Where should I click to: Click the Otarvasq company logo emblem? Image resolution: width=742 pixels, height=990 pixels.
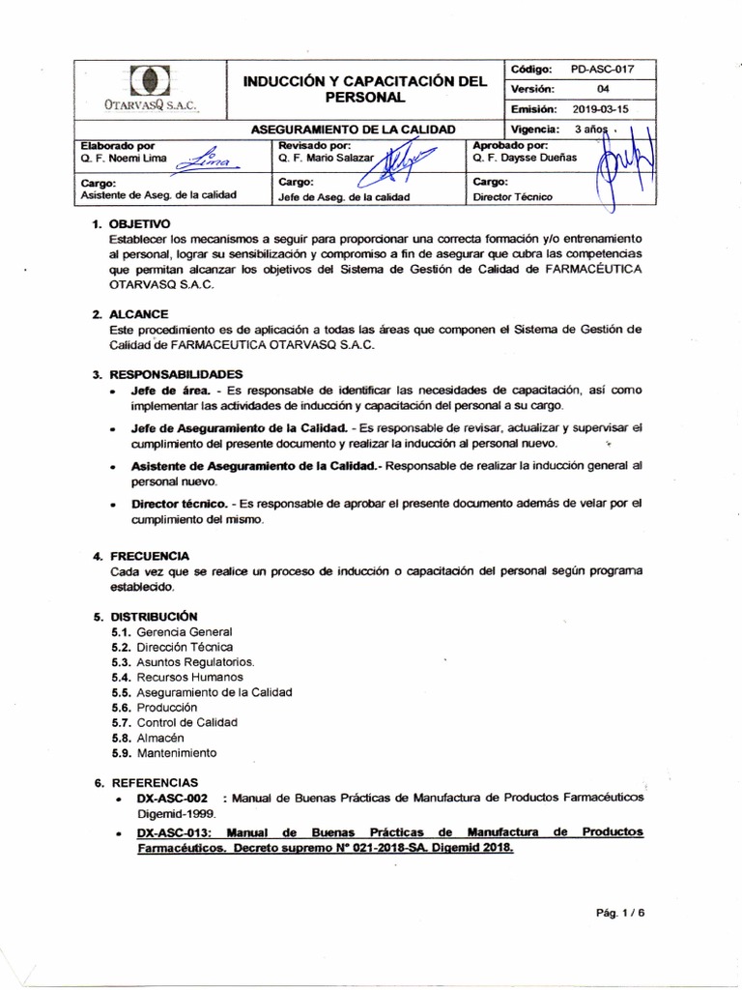pos(150,79)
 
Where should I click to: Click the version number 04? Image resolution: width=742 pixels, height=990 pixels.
pos(604,89)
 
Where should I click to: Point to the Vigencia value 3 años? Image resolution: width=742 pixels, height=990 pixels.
pos(589,129)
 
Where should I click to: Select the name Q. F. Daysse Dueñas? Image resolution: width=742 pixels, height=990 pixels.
pos(523,156)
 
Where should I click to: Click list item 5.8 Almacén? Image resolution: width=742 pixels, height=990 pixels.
pos(154,738)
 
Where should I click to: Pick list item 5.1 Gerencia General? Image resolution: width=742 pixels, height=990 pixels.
pos(171,631)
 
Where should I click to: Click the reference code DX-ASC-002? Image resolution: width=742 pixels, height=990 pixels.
pos(172,798)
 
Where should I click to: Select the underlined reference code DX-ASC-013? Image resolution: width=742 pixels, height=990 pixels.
pos(173,831)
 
